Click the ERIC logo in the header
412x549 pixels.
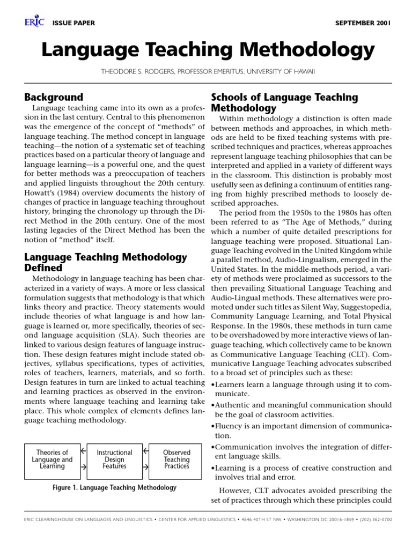(33, 23)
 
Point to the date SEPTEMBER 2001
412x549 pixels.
(363, 23)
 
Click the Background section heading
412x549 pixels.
(54, 97)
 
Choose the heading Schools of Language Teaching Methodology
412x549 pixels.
(284, 102)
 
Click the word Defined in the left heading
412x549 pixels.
(43, 267)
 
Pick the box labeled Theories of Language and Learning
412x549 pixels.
(52, 459)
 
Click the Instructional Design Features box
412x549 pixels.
(114, 459)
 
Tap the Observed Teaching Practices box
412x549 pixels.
(176, 459)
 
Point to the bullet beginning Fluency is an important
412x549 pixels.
(300, 431)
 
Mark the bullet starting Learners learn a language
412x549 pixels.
(300, 389)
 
